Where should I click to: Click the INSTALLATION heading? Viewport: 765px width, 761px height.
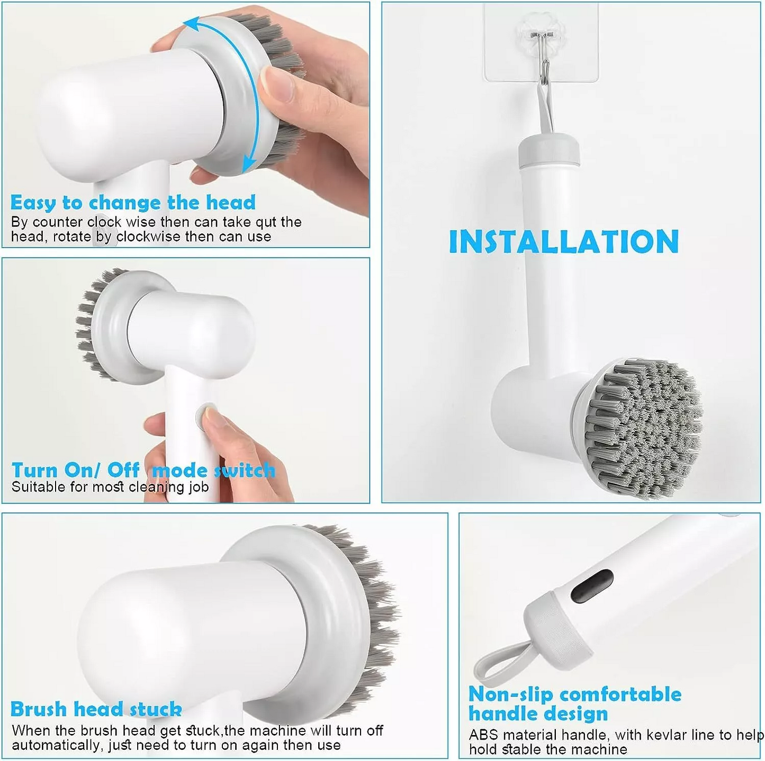tap(563, 242)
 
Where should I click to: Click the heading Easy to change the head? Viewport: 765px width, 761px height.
tap(133, 203)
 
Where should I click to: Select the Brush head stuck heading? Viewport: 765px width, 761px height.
tap(96, 709)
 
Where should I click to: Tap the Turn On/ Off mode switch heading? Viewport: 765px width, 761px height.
tap(143, 470)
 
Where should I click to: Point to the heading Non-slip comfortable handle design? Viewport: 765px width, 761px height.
tap(574, 703)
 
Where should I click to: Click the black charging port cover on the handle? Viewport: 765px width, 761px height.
tap(592, 586)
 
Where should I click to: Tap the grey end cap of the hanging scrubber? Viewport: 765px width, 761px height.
tap(548, 150)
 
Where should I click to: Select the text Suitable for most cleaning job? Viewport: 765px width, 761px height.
tap(110, 487)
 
